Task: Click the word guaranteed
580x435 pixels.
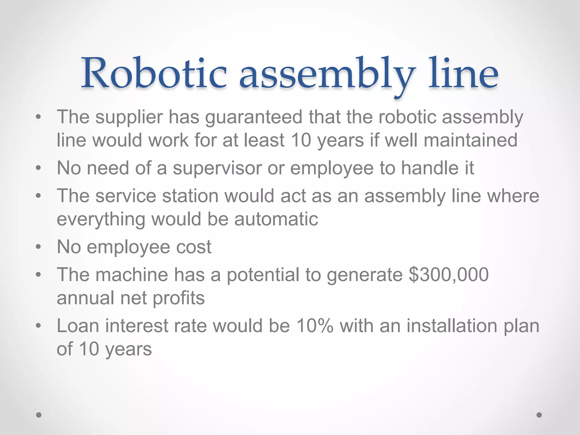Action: click(x=254, y=117)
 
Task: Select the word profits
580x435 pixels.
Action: click(x=179, y=298)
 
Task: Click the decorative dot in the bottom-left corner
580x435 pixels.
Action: click(x=39, y=415)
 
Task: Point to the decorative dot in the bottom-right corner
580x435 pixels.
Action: click(x=539, y=415)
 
